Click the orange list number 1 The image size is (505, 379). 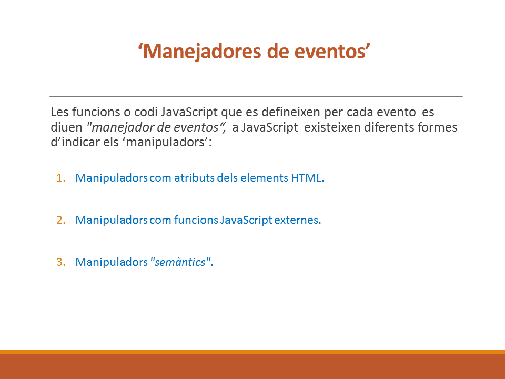click(x=61, y=177)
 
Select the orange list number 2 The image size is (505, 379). click(x=61, y=220)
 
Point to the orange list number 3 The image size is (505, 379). click(x=61, y=262)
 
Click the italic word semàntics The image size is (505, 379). click(x=180, y=262)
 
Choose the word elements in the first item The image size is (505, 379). click(x=264, y=177)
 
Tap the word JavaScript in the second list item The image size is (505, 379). click(x=246, y=220)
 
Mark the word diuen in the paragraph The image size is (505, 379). click(x=66, y=127)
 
